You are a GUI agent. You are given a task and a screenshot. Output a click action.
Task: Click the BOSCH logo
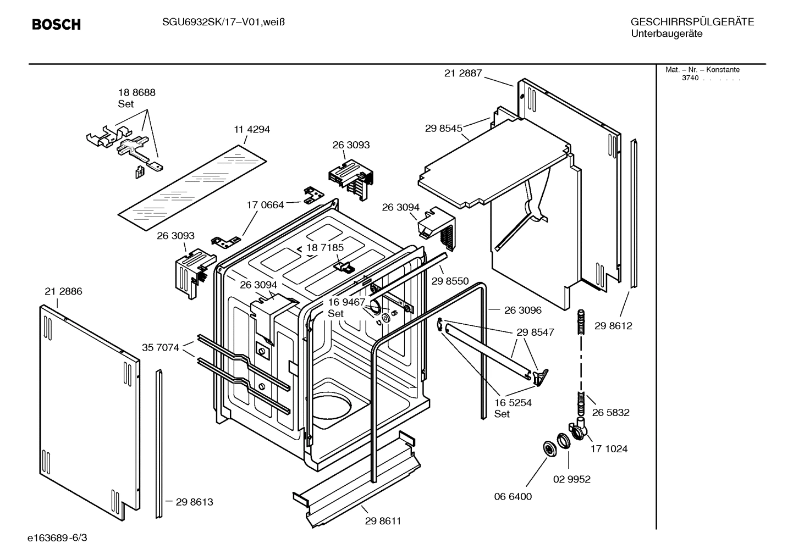[x=56, y=24]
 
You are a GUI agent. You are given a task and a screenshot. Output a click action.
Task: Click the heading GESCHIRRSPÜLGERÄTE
[x=692, y=22]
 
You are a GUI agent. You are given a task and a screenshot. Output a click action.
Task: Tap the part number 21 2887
[x=463, y=73]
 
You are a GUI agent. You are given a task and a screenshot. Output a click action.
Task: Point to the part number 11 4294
[x=252, y=130]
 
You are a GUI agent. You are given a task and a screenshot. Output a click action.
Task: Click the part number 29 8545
[x=443, y=128]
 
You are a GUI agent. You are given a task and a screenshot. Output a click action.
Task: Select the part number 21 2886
[x=63, y=291]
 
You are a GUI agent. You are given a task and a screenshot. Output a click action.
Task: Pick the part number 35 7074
[x=161, y=347]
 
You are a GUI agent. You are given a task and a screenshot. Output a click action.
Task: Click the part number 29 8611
[x=383, y=521]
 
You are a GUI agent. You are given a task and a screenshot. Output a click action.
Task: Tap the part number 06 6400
[x=513, y=497]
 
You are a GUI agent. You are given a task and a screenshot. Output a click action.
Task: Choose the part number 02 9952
[x=571, y=479]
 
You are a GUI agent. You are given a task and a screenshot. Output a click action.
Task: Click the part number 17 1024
[x=609, y=449]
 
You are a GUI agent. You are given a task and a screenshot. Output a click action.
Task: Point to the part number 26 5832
[x=610, y=413]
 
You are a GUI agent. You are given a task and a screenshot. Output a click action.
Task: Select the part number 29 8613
[x=194, y=502]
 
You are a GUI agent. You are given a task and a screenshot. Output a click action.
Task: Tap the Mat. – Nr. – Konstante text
[x=702, y=70]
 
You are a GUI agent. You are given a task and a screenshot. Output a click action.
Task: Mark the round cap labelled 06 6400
[x=548, y=448]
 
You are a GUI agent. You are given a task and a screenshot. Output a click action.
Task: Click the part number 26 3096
[x=522, y=311]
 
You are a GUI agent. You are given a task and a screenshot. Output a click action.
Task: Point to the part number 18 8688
[x=137, y=92]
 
